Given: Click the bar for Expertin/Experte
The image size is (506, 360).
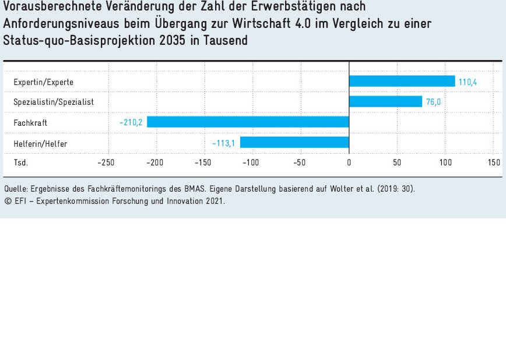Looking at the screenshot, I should coord(402,82).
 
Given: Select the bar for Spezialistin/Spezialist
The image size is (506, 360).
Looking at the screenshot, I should coord(385,102).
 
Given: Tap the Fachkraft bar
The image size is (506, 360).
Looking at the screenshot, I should coord(248,122).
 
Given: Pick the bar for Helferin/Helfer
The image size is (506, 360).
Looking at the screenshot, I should coord(294,142).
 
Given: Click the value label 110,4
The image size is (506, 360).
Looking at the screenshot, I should coord(468,82).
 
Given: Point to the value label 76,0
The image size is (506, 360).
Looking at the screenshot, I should coord(433,102).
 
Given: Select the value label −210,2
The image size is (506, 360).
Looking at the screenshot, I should coord(131,123).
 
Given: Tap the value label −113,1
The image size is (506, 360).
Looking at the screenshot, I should coord(224,143).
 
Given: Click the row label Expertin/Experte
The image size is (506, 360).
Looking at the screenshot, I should coord(43,82).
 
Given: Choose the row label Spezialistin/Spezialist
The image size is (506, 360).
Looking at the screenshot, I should coord(54,102).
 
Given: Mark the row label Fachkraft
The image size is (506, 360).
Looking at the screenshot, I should coord(30,123).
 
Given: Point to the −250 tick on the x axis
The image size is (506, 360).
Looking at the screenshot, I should coord(106,163).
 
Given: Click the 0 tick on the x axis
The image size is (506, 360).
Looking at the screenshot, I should coord(349,163).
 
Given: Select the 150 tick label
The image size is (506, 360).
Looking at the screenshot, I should coord(494,163).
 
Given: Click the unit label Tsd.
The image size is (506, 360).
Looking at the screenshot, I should coord(20,163).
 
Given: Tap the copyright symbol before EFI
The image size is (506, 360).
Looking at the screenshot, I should coord(8,200).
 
